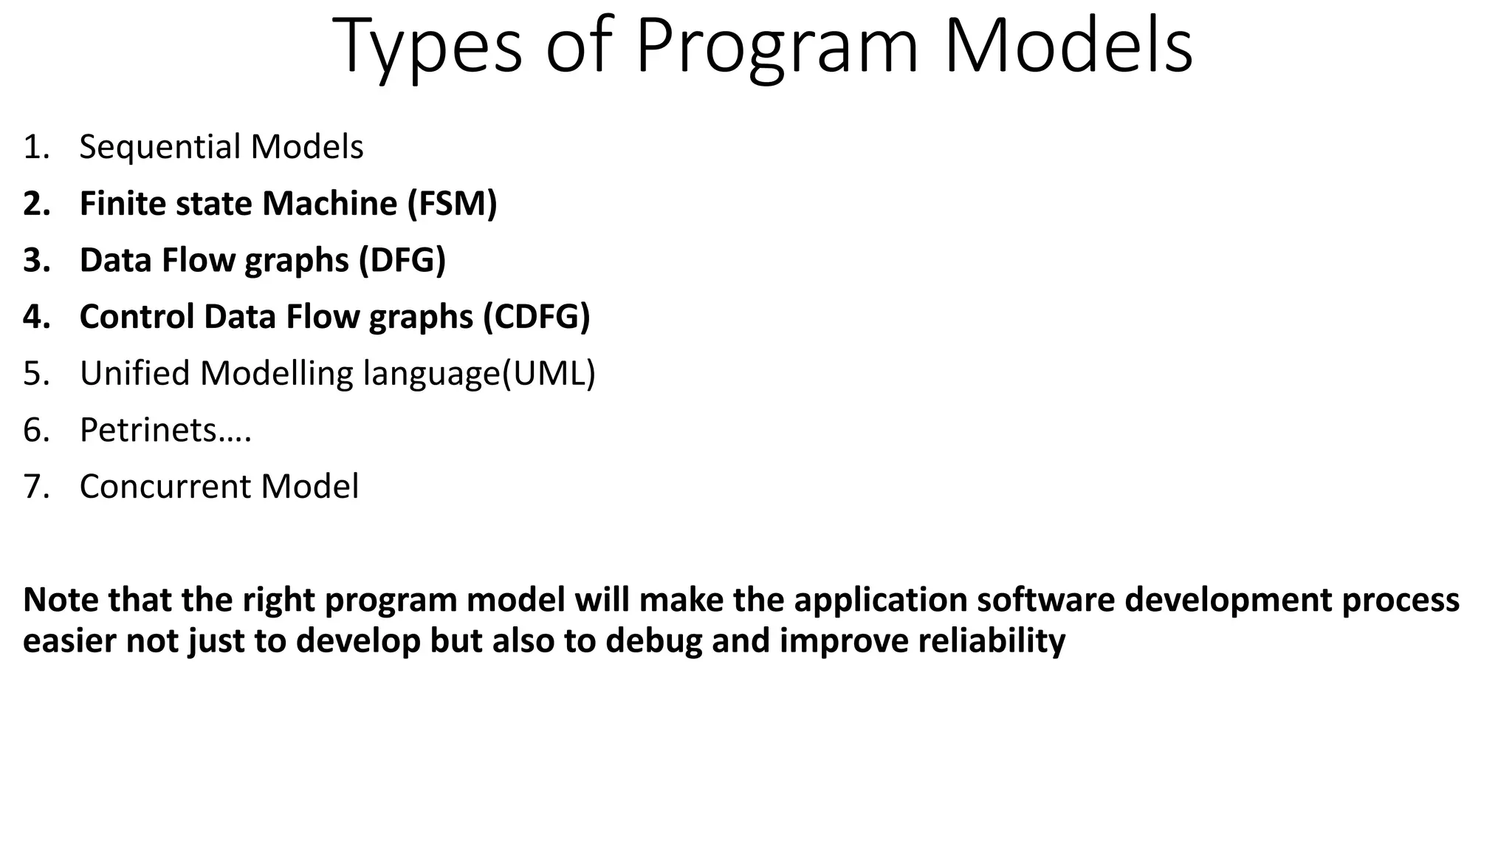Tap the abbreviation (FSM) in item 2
click(452, 204)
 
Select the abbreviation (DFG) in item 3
click(402, 260)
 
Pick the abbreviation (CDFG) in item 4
click(537, 317)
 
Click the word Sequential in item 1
click(161, 147)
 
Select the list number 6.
click(35, 430)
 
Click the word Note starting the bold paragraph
click(61, 600)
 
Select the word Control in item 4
click(137, 317)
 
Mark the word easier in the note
click(69, 640)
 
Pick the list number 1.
click(35, 147)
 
